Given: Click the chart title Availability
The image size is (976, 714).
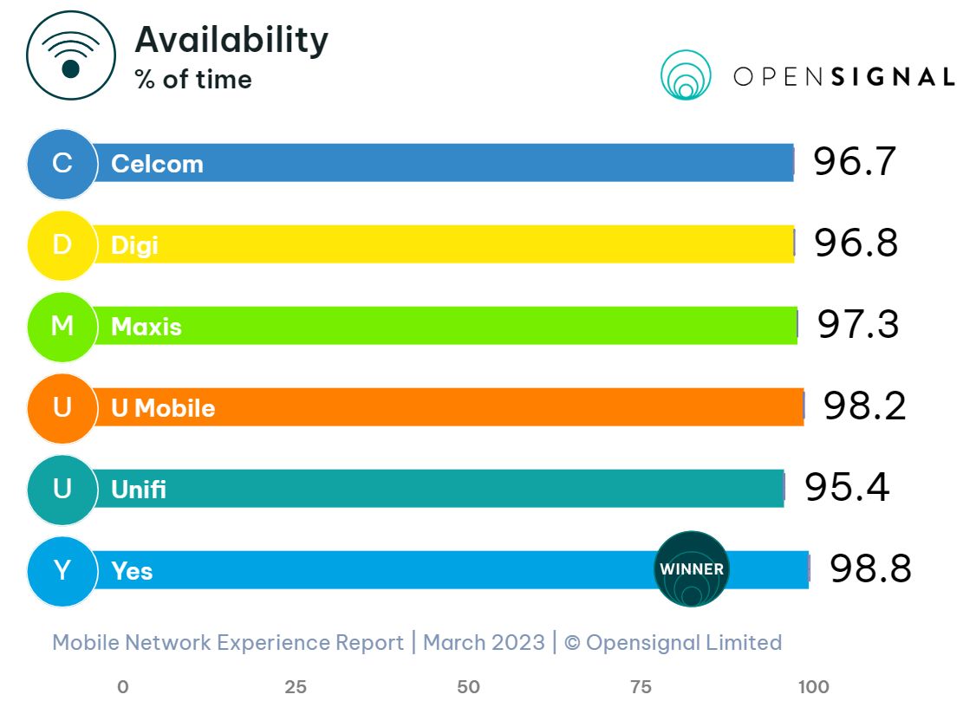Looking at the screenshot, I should (231, 40).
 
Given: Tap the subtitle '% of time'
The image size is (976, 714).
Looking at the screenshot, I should (193, 80).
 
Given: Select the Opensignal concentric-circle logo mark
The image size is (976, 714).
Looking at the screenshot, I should (686, 75).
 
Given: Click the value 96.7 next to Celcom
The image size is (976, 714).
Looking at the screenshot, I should (854, 163).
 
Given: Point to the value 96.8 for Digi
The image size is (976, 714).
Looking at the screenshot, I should (856, 243).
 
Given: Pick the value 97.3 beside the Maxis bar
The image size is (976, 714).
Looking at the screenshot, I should (858, 325).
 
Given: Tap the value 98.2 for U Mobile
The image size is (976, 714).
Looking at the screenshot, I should (864, 406).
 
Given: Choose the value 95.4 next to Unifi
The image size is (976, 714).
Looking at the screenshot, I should (847, 488).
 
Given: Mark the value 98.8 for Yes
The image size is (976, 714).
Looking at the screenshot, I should (870, 569).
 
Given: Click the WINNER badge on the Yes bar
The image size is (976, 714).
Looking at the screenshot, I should (691, 569).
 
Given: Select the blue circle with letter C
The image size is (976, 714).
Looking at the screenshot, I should (62, 163).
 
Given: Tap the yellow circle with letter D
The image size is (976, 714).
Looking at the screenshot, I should (62, 244).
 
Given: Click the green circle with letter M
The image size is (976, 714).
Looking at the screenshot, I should (62, 326).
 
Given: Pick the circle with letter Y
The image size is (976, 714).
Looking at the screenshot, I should (62, 570).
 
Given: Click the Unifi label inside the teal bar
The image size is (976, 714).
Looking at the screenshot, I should (139, 490).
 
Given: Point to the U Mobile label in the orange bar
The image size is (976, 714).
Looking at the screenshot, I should (163, 408).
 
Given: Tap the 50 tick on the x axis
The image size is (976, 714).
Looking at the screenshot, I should (468, 687).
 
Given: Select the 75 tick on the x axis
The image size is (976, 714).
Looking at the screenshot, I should (641, 687).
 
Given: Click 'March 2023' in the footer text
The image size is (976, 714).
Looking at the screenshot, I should (484, 642).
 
